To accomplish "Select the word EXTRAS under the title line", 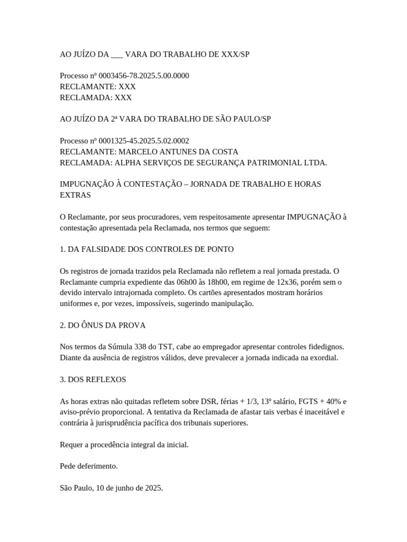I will coord(75,195).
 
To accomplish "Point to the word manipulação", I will coord(231,303).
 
